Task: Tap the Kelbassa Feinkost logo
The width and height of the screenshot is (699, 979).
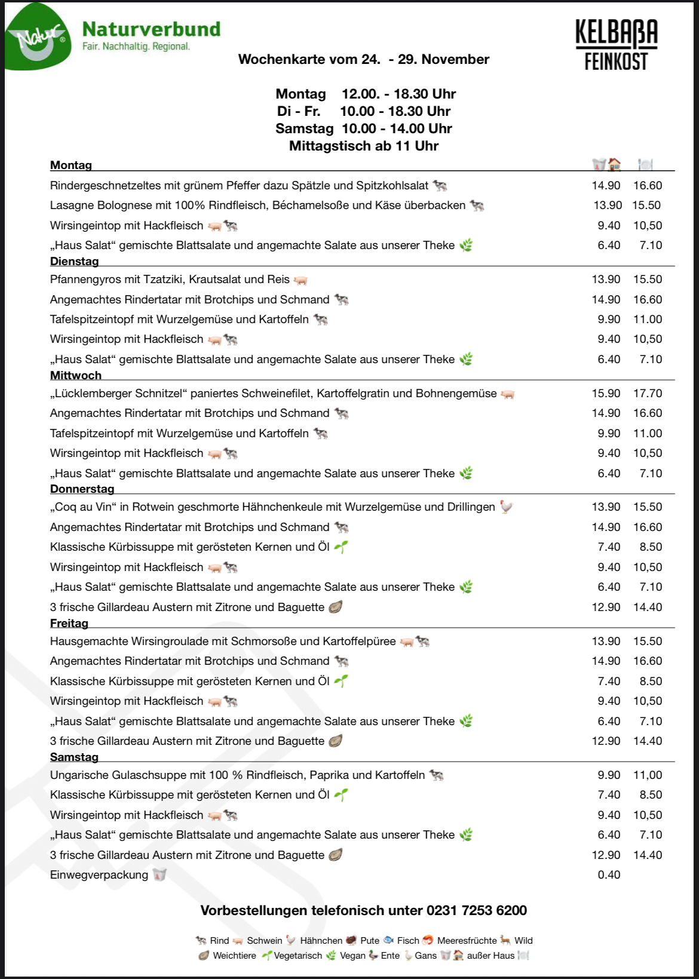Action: pyautogui.click(x=616, y=45)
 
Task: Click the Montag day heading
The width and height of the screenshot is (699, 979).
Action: pyautogui.click(x=71, y=165)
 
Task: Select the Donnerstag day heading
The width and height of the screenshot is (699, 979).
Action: pyautogui.click(x=82, y=489)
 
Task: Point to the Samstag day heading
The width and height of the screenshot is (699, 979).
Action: pyautogui.click(x=74, y=757)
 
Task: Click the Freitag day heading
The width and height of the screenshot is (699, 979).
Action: pyautogui.click(x=69, y=623)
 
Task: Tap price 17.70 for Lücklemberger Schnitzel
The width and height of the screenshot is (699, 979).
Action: pyautogui.click(x=648, y=393)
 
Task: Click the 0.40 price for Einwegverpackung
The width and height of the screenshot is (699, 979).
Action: pyautogui.click(x=609, y=874)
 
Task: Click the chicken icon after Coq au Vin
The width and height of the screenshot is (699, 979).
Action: pyautogui.click(x=507, y=507)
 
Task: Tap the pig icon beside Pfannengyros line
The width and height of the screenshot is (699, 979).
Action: pyautogui.click(x=301, y=280)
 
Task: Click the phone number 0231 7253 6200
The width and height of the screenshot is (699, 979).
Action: pyautogui.click(x=476, y=910)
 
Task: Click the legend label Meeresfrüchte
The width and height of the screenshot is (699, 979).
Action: pyautogui.click(x=467, y=940)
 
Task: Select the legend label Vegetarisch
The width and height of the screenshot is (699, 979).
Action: pyautogui.click(x=298, y=955)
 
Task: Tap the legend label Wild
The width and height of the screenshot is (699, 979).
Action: pyautogui.click(x=523, y=940)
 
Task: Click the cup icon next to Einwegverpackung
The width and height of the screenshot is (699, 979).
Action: pyautogui.click(x=159, y=874)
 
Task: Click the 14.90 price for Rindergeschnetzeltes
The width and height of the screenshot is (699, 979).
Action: pyautogui.click(x=606, y=185)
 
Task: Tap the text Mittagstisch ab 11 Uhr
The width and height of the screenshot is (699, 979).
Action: pyautogui.click(x=363, y=146)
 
